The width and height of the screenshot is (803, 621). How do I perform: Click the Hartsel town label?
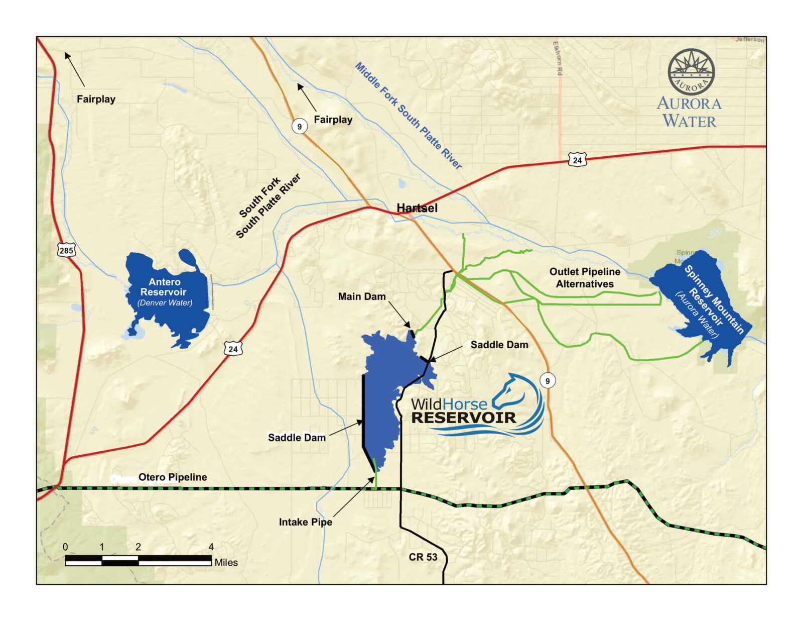click(x=417, y=208)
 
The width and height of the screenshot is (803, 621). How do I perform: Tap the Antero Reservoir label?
click(x=164, y=287)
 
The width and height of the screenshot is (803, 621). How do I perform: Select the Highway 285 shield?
click(x=66, y=250)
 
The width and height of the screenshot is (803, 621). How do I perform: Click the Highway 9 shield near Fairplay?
click(x=300, y=126)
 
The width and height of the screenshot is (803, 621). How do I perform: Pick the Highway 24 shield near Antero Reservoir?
click(x=233, y=349)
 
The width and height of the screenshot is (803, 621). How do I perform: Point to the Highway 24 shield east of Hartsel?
click(x=577, y=160)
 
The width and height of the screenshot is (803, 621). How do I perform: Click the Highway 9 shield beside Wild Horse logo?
click(x=548, y=380)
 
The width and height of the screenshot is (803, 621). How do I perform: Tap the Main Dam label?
click(x=361, y=296)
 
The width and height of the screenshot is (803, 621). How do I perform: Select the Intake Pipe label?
click(x=305, y=522)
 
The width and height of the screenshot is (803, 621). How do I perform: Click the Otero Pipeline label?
click(x=172, y=477)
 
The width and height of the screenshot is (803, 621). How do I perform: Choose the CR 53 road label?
click(x=423, y=557)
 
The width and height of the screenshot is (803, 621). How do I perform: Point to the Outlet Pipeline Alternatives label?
click(x=585, y=277)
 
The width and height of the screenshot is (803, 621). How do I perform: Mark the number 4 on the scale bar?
click(x=211, y=547)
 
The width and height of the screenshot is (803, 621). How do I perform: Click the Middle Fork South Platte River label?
click(x=408, y=116)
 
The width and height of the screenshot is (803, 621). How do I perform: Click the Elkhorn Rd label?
click(x=558, y=58)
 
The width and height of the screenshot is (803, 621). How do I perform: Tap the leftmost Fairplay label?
click(x=96, y=99)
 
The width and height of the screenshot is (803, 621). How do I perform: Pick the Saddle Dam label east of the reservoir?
click(x=499, y=345)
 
